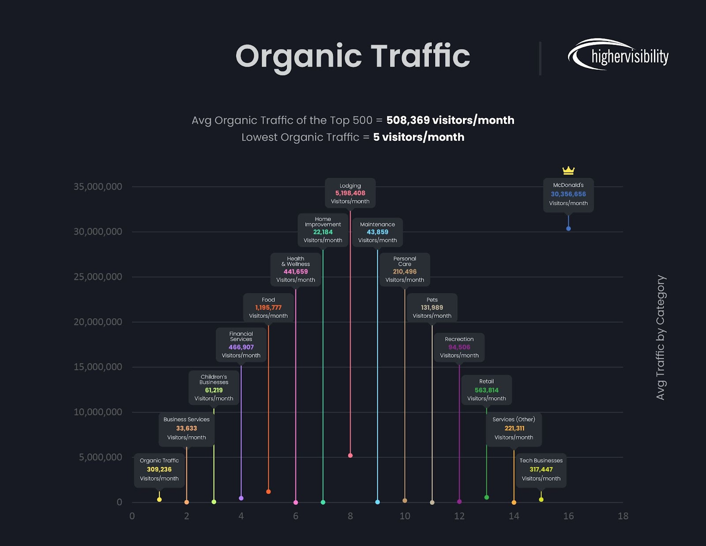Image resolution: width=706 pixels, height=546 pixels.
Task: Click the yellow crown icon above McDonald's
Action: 568,170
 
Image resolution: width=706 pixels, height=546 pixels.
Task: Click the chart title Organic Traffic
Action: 353,56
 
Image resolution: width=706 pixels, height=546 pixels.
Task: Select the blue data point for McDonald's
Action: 568,229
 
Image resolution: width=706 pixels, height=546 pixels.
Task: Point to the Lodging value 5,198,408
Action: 350,193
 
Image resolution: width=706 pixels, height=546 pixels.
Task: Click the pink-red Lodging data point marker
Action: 350,456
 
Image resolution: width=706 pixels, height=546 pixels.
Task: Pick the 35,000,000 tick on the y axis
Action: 98,187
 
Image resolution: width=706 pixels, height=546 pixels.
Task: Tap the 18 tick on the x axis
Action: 623,516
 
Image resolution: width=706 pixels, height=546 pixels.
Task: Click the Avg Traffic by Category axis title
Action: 660,338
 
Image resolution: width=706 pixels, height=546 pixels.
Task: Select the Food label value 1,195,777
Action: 268,308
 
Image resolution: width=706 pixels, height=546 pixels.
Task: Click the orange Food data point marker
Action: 268,492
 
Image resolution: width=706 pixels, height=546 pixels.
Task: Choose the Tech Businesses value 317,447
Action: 541,470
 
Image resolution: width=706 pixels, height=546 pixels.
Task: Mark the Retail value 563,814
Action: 486,390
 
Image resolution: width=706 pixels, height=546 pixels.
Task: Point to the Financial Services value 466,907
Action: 241,347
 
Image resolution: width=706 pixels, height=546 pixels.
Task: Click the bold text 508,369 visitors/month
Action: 450,120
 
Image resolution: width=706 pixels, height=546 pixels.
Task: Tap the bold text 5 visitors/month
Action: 418,137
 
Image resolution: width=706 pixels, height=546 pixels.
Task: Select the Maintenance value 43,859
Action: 377,232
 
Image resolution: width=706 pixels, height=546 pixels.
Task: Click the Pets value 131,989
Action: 432,308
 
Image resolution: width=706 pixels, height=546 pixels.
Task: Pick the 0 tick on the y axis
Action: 119,502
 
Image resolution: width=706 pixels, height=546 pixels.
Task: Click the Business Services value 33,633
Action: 186,429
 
